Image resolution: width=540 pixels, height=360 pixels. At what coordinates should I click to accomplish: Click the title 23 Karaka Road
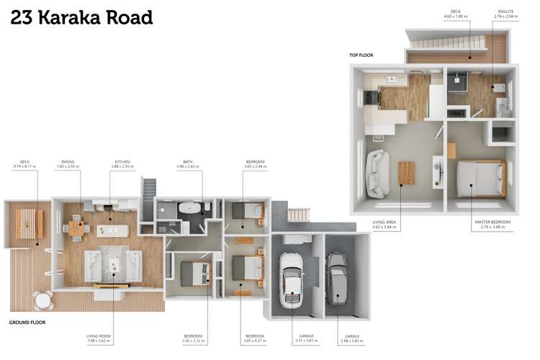click(x=81, y=17)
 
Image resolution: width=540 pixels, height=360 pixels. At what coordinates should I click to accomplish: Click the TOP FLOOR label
click(x=361, y=55)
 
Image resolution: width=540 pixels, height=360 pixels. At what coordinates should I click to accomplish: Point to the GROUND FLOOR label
click(x=27, y=322)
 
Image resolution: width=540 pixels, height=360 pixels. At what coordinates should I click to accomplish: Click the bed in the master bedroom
click(x=480, y=178)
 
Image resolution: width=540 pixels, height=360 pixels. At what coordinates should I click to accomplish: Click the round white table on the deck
click(x=43, y=299)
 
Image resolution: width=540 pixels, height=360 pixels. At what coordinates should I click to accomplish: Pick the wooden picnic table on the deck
click(x=28, y=223)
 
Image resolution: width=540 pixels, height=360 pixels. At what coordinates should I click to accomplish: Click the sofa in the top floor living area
click(x=376, y=174)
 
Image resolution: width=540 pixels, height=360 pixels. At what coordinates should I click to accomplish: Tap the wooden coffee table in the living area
click(x=407, y=173)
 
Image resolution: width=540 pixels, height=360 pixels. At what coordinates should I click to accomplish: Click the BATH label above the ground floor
click(x=187, y=162)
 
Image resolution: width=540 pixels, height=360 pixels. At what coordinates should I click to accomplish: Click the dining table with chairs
click(x=76, y=228)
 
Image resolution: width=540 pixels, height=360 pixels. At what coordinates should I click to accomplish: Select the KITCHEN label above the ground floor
click(x=122, y=162)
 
